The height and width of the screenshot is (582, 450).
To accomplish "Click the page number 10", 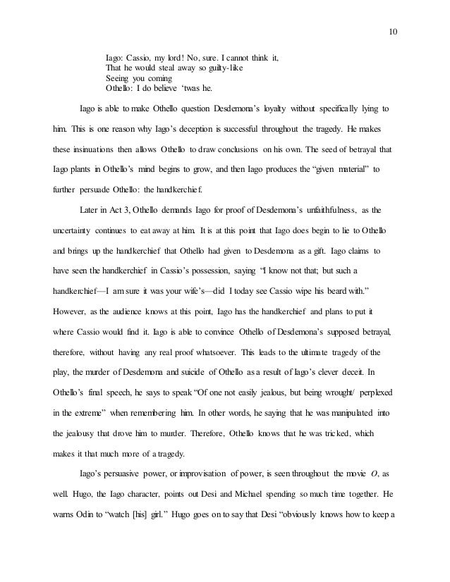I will pyautogui.click(x=393, y=31).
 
